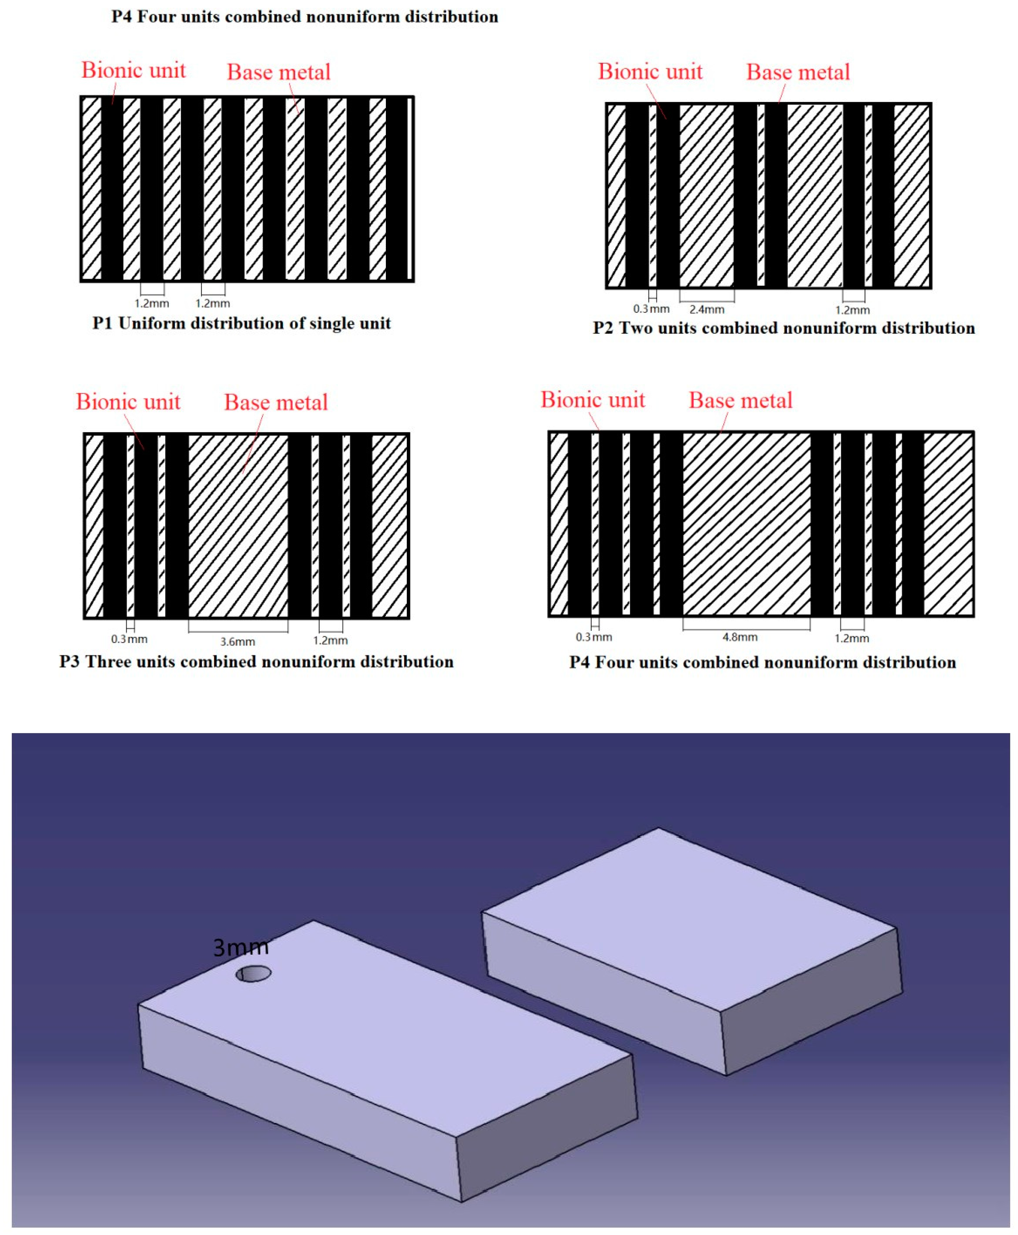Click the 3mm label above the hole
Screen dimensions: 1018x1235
click(241, 947)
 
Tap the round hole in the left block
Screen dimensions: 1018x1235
click(253, 974)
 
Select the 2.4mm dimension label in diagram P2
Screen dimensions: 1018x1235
click(707, 309)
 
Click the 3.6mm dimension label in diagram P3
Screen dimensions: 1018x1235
click(237, 642)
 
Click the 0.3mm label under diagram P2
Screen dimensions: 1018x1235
click(651, 308)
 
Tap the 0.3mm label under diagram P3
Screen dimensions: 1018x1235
click(129, 639)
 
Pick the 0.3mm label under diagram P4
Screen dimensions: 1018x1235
click(593, 637)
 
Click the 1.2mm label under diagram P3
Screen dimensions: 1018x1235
click(330, 640)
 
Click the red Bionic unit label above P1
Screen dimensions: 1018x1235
click(133, 70)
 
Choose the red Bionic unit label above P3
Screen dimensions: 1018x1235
click(128, 402)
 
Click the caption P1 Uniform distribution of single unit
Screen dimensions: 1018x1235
click(242, 323)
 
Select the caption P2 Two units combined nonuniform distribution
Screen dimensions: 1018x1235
click(783, 328)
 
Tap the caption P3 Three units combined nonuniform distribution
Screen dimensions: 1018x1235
click(256, 661)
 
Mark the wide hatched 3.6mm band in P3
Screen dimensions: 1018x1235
click(238, 526)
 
